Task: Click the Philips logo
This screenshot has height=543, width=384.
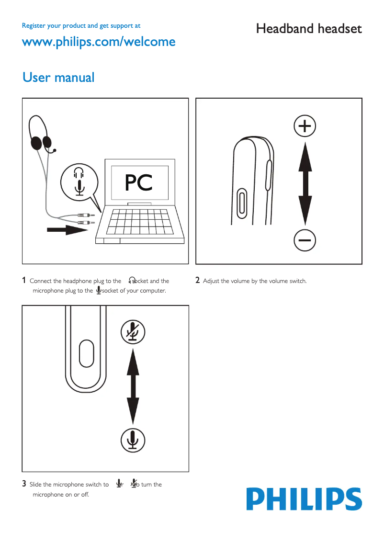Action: tap(304, 499)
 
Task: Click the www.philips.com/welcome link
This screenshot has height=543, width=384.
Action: tap(99, 42)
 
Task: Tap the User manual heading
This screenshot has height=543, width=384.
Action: tap(58, 77)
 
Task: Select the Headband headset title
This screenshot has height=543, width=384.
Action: tap(309, 29)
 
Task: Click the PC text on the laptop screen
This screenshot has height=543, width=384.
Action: tap(139, 183)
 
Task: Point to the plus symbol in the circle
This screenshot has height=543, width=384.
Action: tap(305, 126)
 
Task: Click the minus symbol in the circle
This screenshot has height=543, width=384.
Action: tap(305, 239)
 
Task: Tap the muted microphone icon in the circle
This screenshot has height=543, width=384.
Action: tap(133, 331)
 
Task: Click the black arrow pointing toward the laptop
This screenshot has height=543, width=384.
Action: tap(67, 230)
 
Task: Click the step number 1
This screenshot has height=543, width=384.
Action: tap(24, 281)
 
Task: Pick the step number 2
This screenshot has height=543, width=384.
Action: tap(198, 281)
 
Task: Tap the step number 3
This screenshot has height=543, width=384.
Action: tap(24, 484)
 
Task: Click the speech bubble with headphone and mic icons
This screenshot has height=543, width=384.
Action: tap(79, 181)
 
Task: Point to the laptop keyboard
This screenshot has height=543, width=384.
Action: tap(139, 221)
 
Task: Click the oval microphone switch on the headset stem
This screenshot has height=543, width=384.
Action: tap(86, 353)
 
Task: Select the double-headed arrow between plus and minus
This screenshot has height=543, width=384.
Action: tap(305, 183)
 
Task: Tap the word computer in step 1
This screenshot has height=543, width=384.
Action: tap(153, 291)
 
